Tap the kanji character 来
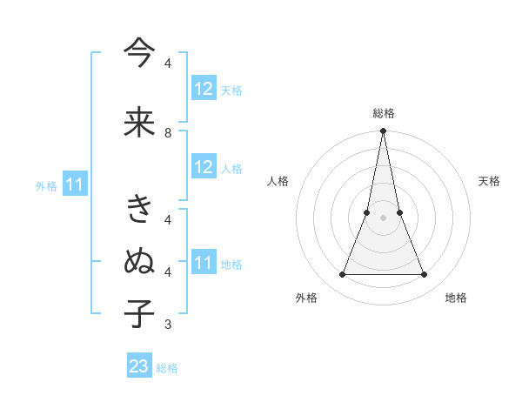[139, 122]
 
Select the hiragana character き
[139, 210]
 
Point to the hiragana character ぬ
[139, 261]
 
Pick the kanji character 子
[139, 313]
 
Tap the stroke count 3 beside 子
[168, 325]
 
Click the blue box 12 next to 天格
[204, 89]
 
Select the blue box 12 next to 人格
[204, 167]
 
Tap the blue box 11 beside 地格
[204, 263]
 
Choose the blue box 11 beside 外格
[75, 184]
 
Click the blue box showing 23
[139, 366]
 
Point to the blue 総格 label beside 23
[167, 368]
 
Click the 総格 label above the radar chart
[383, 113]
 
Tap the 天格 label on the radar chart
[489, 181]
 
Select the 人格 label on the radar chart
[278, 181]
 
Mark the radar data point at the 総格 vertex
[383, 131]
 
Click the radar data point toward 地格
[425, 275]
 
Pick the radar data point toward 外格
[342, 275]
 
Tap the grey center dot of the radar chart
[383, 218]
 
